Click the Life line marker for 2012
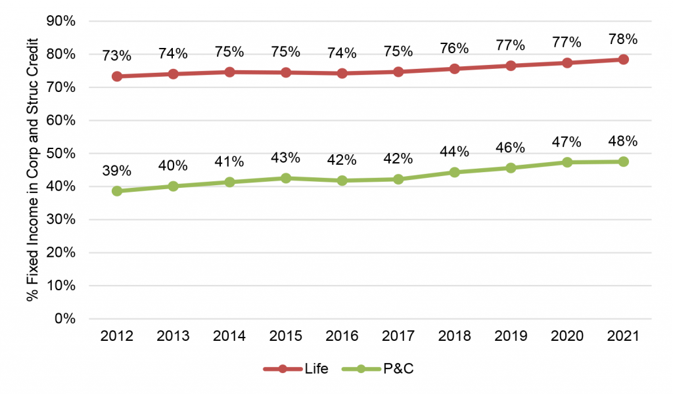117,76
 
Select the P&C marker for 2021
623,162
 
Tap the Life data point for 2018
455,68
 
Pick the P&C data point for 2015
286,178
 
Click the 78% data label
623,39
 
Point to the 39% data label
117,171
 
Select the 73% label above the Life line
117,56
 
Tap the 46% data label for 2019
511,148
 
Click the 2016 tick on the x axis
342,336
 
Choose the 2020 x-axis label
567,336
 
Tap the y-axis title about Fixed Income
34,169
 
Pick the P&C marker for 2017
398,179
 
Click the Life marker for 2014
229,72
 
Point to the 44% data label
455,152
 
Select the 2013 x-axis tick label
174,336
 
